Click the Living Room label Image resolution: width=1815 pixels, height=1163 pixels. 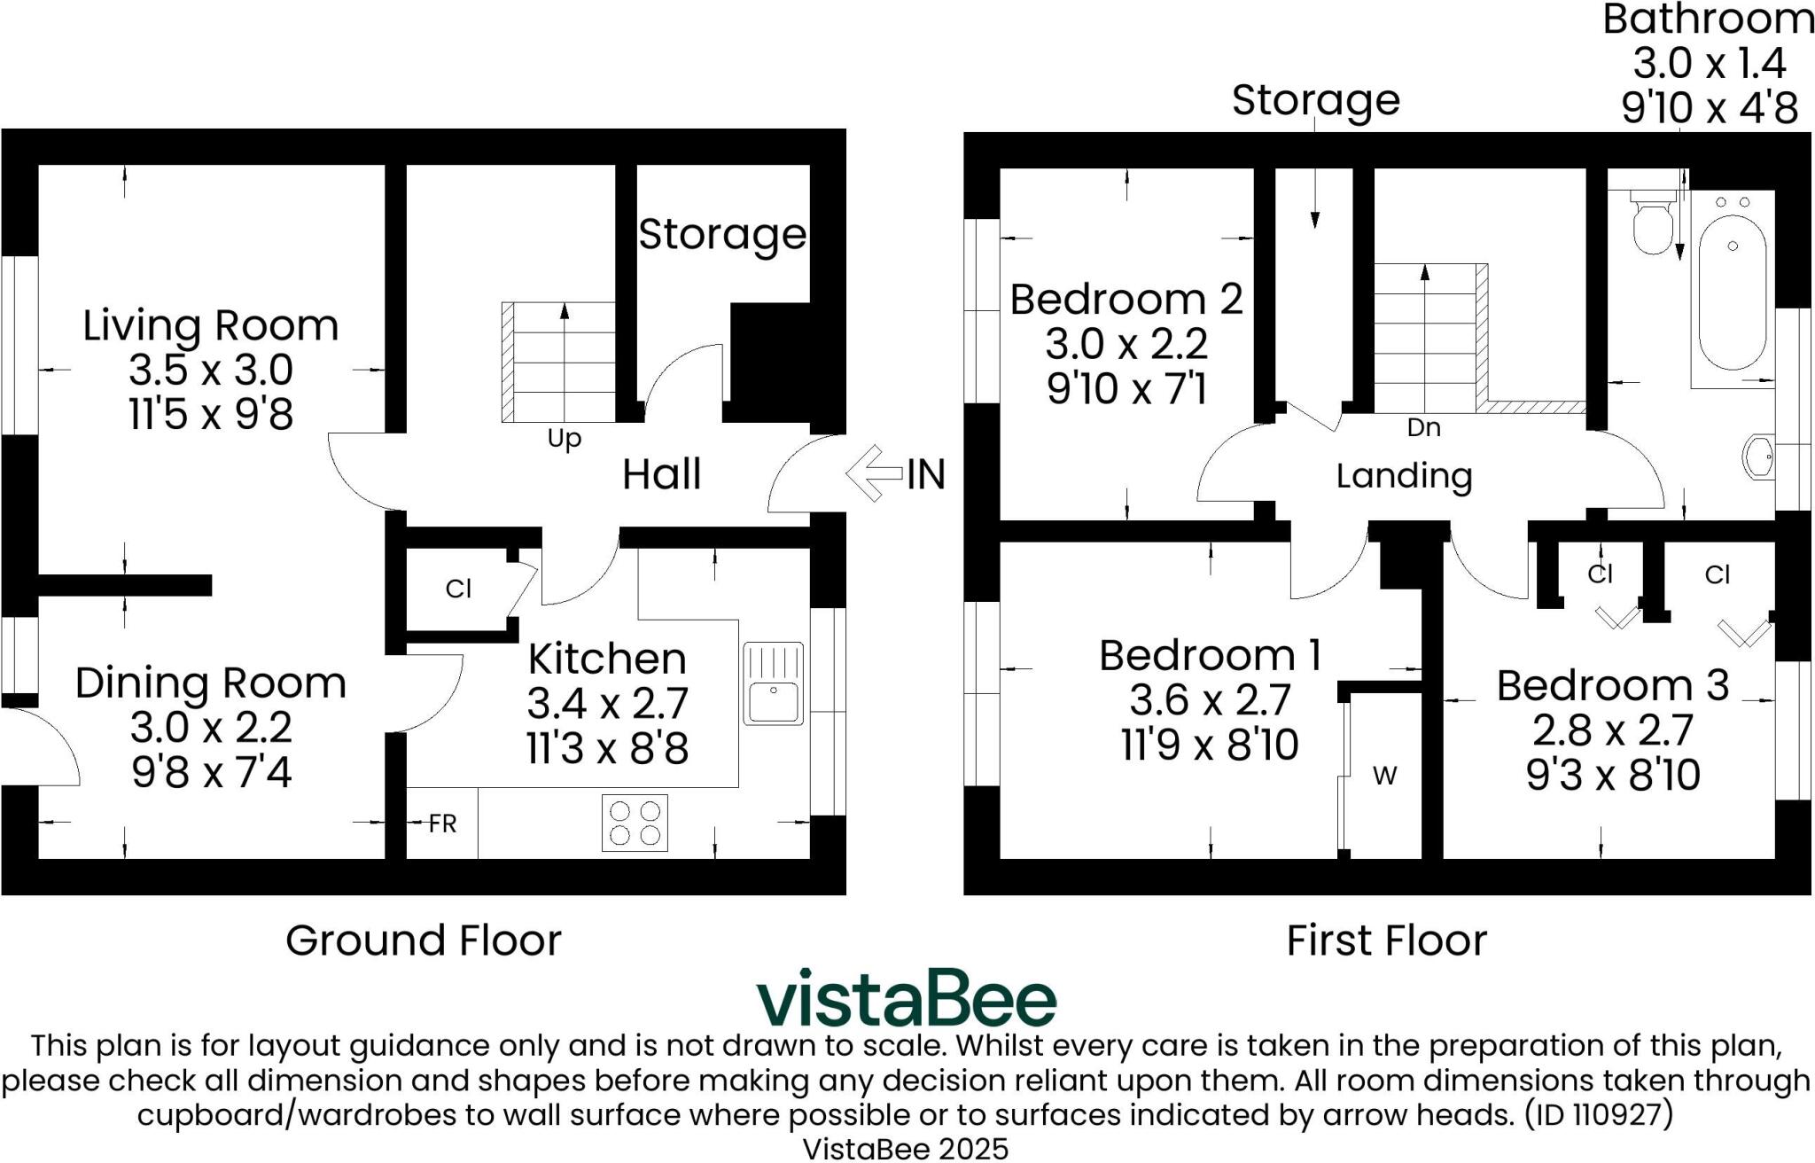[x=211, y=325]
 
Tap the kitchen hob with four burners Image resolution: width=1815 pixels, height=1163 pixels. [x=635, y=823]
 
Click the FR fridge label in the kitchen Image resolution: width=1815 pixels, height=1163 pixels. [x=442, y=824]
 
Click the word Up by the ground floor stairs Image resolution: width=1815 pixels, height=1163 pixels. [x=564, y=439]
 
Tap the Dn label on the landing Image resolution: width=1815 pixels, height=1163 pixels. [x=1423, y=428]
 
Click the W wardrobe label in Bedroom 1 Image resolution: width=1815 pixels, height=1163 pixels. [x=1384, y=777]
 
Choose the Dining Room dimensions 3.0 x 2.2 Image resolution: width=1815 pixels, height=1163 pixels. [x=211, y=729]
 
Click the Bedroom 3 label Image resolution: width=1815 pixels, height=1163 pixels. [x=1613, y=685]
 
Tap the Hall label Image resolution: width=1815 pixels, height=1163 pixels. [x=661, y=474]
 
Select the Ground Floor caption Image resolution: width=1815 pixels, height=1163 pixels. [x=424, y=941]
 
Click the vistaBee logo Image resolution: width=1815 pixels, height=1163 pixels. [x=906, y=999]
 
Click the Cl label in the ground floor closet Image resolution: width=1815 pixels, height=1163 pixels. [x=458, y=589]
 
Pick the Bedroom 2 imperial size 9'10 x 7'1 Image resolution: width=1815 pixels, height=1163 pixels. [x=1126, y=389]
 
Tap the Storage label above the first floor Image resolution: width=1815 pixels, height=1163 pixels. [x=1315, y=100]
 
